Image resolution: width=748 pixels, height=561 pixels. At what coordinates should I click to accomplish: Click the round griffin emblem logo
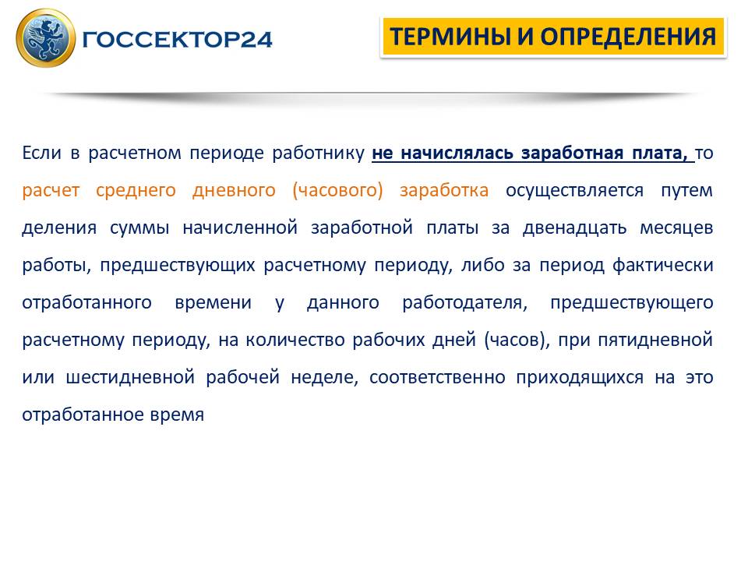click(x=46, y=37)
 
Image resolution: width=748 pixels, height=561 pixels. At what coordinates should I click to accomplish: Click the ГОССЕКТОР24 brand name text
click(x=177, y=40)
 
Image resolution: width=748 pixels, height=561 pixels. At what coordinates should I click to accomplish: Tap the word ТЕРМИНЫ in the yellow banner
click(x=450, y=37)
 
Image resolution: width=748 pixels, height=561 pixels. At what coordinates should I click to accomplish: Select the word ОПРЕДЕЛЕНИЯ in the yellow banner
click(x=628, y=37)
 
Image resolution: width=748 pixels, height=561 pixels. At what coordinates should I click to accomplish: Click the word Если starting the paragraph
click(x=41, y=153)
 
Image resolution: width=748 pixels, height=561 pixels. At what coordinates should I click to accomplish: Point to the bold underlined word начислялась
click(x=457, y=153)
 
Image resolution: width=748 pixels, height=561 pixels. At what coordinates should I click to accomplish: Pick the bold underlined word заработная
click(x=573, y=153)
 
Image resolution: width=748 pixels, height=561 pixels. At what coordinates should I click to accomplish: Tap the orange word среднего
click(x=136, y=191)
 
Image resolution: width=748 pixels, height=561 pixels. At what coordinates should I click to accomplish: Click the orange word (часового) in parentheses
click(x=337, y=190)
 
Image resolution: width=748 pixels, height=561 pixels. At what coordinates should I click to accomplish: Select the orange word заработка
click(x=444, y=191)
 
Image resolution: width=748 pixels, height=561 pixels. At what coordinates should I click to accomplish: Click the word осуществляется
click(x=574, y=191)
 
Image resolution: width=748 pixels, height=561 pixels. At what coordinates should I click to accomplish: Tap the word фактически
click(x=662, y=265)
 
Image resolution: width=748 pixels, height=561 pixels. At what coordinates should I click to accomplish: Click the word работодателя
click(x=465, y=303)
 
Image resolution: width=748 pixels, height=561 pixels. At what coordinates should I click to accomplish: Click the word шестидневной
click(x=130, y=378)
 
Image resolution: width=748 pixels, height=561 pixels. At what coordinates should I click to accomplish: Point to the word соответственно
click(x=437, y=378)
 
